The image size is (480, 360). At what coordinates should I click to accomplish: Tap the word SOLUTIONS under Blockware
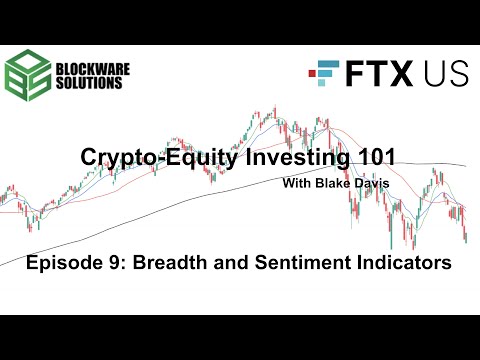93,83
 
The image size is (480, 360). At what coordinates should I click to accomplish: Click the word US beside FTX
437,75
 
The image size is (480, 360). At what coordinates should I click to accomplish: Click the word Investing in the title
279,158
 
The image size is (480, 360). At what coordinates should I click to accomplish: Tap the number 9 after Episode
116,263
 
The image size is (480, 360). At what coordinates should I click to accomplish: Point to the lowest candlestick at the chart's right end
466,238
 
